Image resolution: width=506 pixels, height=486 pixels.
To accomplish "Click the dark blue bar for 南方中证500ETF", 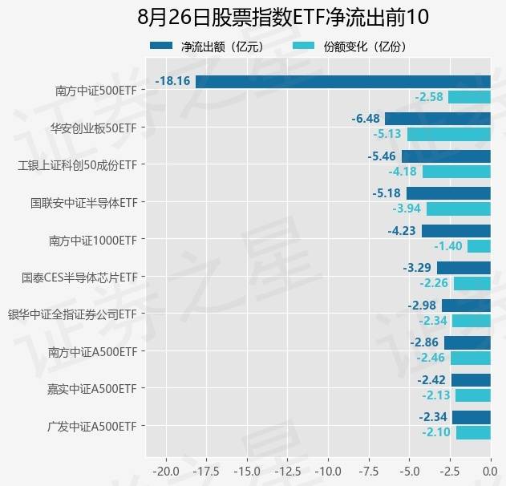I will pos(342,81).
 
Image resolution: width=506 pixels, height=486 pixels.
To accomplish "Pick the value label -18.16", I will pos(172,81).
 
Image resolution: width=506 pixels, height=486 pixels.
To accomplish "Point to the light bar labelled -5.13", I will pos(448,134).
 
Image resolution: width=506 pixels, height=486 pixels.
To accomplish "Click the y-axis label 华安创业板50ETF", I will pos(93,127).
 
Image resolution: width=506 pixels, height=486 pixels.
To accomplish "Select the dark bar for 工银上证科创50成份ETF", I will pos(446,156).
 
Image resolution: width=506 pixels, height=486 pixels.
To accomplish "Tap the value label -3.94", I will pos(405,209).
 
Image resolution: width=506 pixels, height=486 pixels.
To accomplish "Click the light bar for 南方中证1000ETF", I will pos(479,246).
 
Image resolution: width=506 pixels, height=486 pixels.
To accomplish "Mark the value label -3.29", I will pos(418,268).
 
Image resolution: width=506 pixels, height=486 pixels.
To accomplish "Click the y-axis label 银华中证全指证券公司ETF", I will pos(71,314).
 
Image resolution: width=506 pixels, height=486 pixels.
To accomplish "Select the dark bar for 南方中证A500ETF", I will pos(467,342).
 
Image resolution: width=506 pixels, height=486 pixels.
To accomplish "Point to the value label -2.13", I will pos(436,395).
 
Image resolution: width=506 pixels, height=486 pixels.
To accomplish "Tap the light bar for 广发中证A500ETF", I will pos(473,432).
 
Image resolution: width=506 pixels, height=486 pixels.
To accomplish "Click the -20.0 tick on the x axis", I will pos(166,467).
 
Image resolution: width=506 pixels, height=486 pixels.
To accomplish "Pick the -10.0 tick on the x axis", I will pos(328,467).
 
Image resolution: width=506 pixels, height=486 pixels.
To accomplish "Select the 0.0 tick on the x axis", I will pos(490,467).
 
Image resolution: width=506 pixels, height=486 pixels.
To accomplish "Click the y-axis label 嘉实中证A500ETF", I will pos(93,388).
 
